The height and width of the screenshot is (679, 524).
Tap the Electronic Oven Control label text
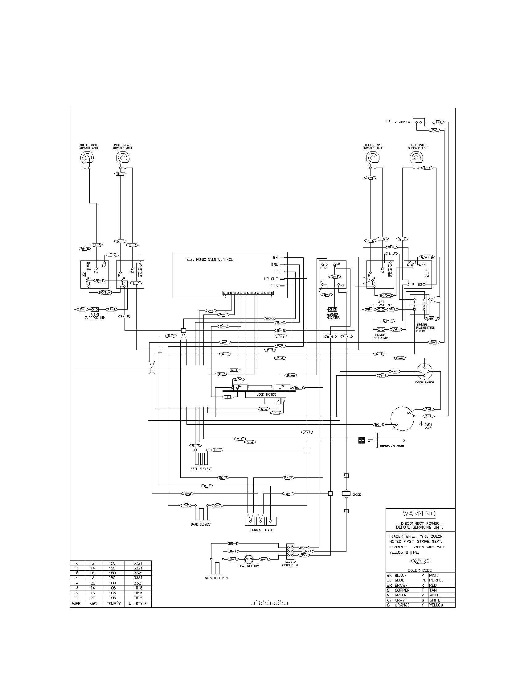click(x=209, y=259)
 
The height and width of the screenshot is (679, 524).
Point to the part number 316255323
click(x=269, y=602)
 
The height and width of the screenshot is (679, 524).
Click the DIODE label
click(x=357, y=495)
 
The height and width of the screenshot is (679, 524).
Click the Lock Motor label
click(x=266, y=394)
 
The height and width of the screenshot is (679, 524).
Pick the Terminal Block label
click(x=260, y=530)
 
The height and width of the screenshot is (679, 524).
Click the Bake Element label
click(x=201, y=524)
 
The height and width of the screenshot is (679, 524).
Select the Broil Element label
click(x=201, y=469)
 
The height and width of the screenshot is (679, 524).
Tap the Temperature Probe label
click(x=391, y=446)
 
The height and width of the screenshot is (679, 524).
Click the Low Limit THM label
click(x=249, y=566)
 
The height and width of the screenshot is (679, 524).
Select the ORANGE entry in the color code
click(x=402, y=605)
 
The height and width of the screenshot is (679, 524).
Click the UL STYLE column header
click(x=138, y=604)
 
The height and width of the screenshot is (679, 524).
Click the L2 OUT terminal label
click(x=271, y=279)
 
